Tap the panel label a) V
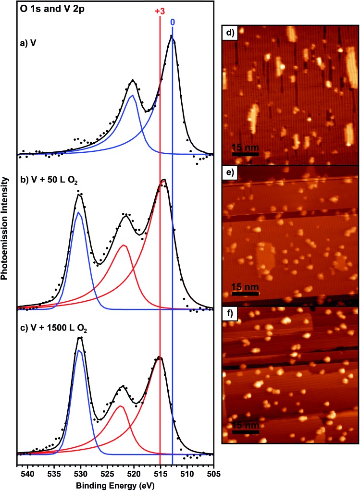(30, 41)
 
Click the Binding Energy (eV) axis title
(115, 485)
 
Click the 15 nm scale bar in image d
(246, 154)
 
